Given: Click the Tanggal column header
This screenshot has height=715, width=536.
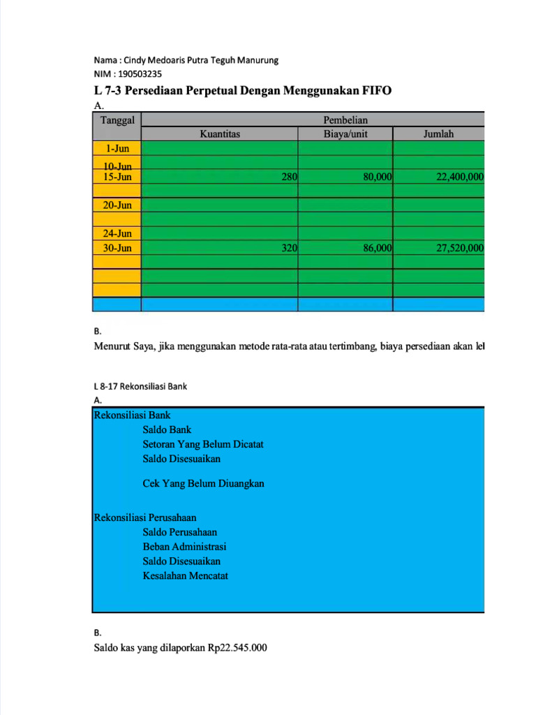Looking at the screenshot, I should point(117,119).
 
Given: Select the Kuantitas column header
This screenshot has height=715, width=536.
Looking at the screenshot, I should point(219,134).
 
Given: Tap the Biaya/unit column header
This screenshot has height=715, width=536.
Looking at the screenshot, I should point(345,134).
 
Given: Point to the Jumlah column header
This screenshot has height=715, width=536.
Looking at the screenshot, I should point(438,134).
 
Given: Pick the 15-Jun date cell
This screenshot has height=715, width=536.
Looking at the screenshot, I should point(117,177).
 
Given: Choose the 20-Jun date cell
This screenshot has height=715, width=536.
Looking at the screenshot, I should point(117,205).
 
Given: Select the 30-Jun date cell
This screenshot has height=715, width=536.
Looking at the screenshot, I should point(117,248).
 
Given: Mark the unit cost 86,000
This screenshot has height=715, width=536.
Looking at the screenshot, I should point(377,248).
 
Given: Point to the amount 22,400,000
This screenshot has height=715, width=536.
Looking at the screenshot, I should point(460,177).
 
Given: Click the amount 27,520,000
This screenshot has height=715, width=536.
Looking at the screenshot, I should point(460,248).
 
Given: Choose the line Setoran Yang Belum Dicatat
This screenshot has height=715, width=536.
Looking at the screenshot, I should point(203,444).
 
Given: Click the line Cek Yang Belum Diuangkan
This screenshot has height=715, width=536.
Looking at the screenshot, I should point(203,483).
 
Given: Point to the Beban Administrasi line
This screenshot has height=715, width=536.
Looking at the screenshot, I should point(184,547).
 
